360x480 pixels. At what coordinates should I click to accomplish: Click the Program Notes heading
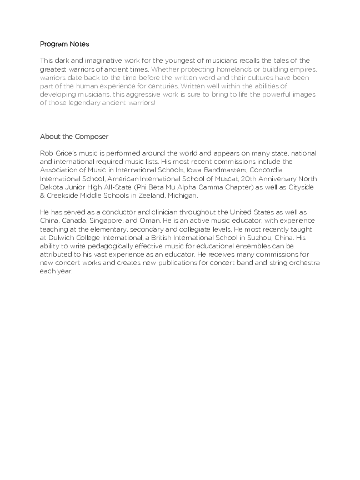tap(64, 44)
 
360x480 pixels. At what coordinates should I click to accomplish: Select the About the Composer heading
tap(74, 137)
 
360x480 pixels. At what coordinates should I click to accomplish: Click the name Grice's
tap(67, 153)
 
